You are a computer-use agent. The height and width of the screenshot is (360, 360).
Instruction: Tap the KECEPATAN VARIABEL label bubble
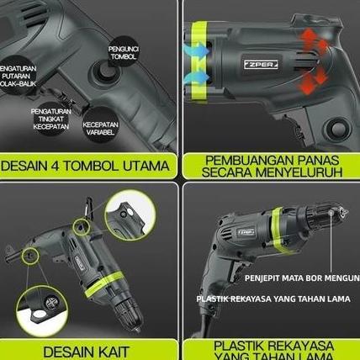pyautogui.click(x=100, y=127)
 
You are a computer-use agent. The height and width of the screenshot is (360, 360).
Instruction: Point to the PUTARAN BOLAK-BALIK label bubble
pyautogui.click(x=24, y=81)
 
